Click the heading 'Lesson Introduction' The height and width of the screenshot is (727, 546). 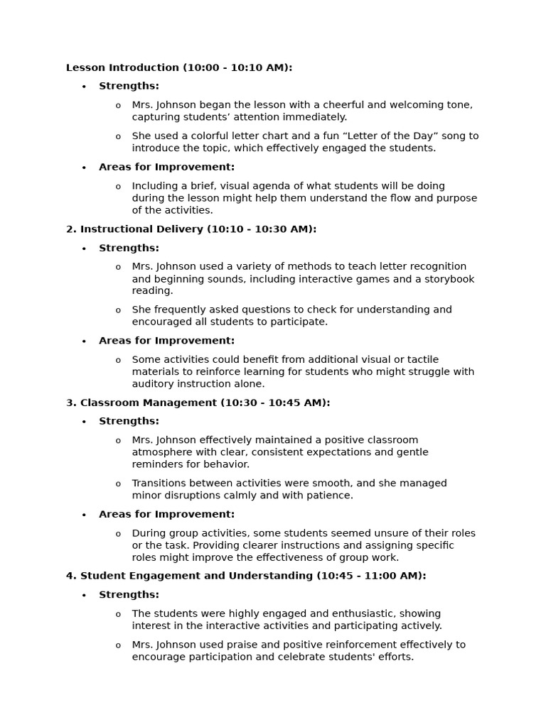pos(122,68)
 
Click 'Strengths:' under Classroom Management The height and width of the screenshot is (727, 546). pos(129,421)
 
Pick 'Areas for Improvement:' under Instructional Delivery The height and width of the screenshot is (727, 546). pos(166,341)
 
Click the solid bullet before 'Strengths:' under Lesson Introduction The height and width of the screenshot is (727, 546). pos(84,87)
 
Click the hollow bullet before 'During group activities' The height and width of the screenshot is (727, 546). pos(118,534)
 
